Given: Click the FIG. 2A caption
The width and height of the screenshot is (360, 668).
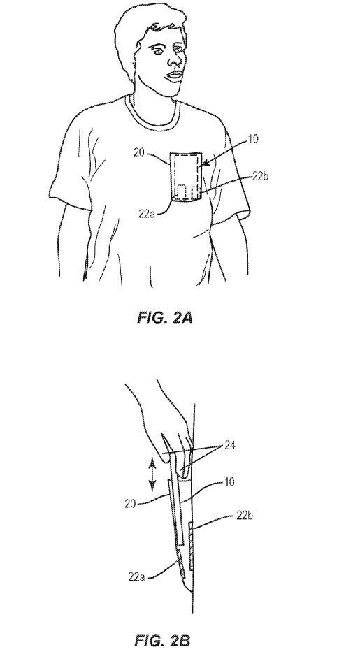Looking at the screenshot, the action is click(x=164, y=317).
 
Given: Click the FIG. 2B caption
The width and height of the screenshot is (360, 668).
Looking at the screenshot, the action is click(x=162, y=640).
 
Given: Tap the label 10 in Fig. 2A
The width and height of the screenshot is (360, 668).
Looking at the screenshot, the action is click(x=252, y=139).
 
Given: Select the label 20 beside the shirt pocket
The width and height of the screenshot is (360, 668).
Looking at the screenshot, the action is click(x=139, y=152).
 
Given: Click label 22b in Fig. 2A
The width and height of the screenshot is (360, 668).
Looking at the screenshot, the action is click(x=260, y=176).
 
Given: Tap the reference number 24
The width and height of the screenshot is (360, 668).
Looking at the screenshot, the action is click(x=231, y=446).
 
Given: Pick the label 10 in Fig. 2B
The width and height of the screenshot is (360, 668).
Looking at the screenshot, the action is click(x=229, y=482).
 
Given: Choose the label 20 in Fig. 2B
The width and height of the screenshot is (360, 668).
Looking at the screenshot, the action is click(x=130, y=504).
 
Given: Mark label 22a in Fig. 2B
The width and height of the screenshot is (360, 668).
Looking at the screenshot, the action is click(x=136, y=577).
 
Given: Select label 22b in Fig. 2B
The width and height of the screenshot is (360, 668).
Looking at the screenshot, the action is click(x=245, y=516).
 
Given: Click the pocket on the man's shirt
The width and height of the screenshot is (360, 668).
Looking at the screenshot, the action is click(x=187, y=176).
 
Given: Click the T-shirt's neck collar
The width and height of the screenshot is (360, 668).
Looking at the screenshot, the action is click(x=150, y=112).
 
